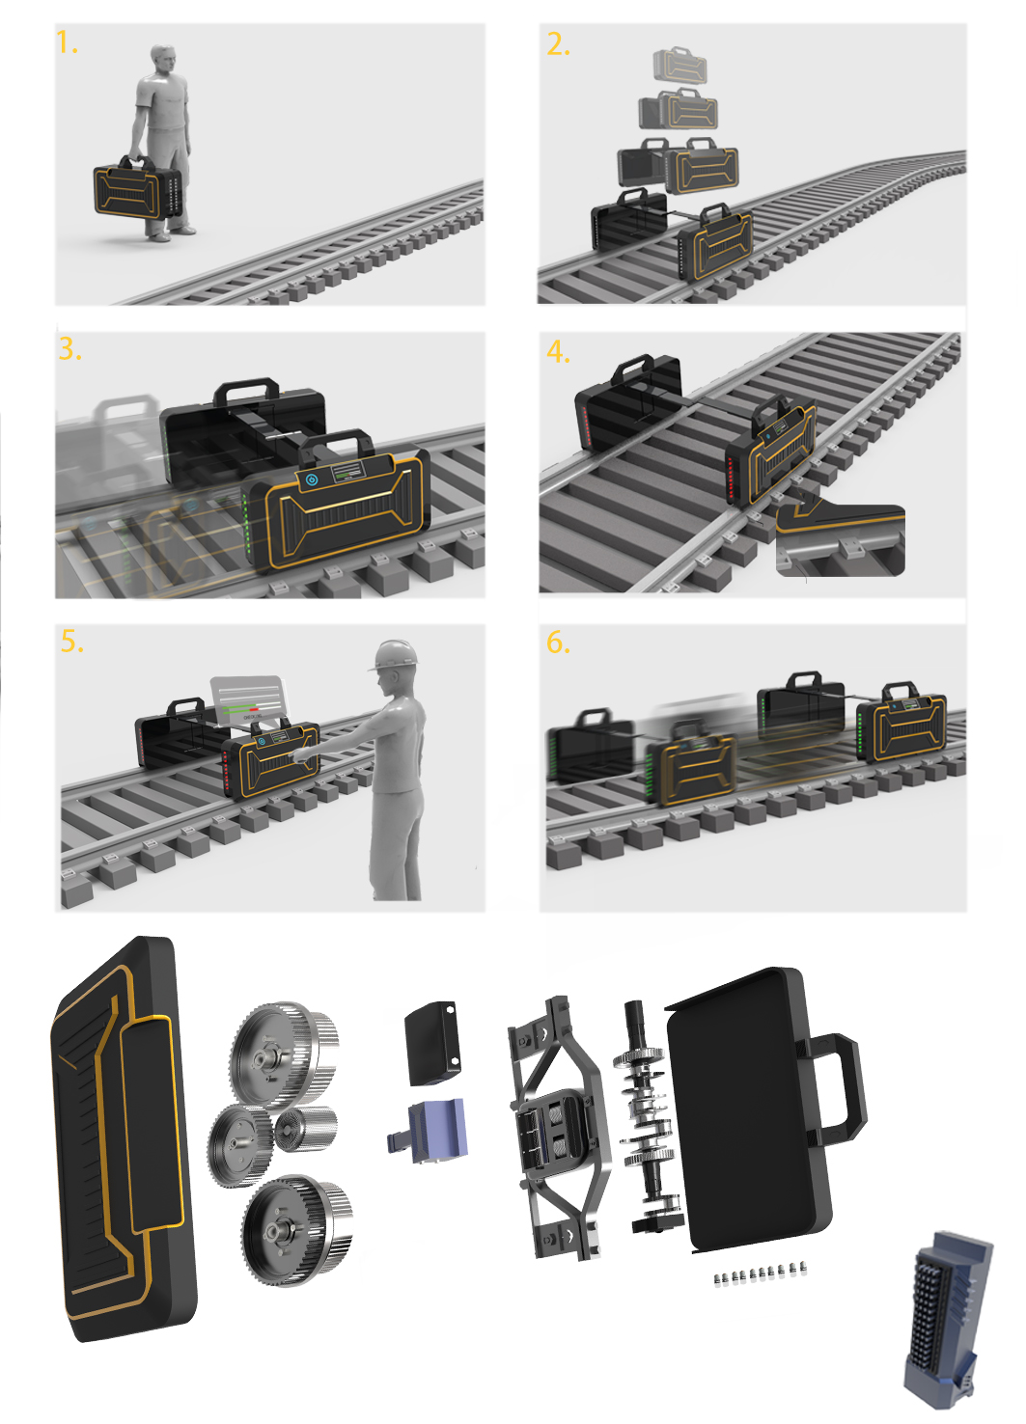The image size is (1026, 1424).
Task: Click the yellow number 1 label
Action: point(66,43)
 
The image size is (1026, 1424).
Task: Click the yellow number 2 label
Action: point(558,44)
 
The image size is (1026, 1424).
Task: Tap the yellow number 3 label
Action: point(69,349)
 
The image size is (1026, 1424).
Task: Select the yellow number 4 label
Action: point(558,352)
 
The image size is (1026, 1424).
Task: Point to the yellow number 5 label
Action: point(71,642)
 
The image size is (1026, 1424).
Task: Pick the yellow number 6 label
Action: point(558,643)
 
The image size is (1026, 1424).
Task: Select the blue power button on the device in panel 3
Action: point(312,479)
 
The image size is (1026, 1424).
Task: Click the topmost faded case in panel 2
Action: point(679,66)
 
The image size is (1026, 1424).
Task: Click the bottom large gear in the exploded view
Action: point(294,1229)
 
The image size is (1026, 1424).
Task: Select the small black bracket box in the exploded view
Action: point(431,1043)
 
